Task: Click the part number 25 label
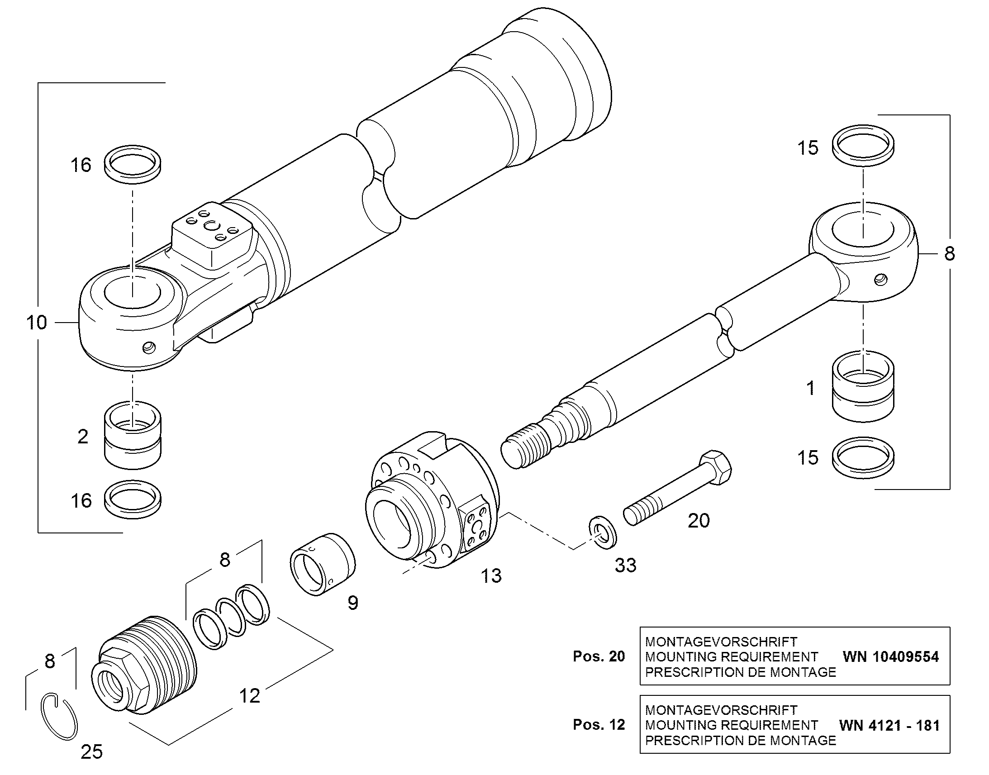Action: coord(92,752)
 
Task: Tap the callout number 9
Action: coord(352,603)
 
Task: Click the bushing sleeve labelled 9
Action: coord(323,565)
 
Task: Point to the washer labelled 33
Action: coord(603,532)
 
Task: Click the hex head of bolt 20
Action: coord(715,467)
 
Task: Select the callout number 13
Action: coord(491,576)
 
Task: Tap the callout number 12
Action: coord(249,695)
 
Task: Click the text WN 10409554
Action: coord(890,656)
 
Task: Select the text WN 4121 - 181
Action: coord(889,725)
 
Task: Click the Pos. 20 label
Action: coord(599,656)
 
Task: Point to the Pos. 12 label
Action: coord(599,725)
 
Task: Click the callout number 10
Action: coord(37,323)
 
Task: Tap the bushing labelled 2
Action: coord(133,435)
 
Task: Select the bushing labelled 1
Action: coord(863,386)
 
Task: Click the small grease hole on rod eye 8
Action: coord(880,280)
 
